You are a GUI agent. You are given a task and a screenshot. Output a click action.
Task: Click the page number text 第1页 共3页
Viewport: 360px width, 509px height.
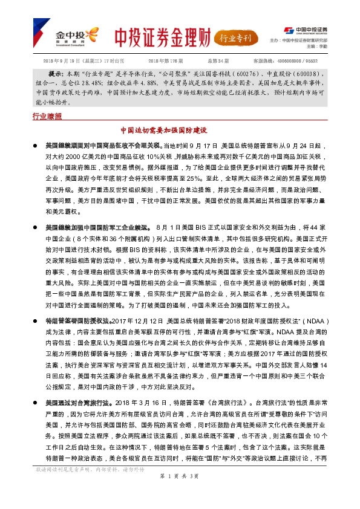pyautogui.click(x=180, y=493)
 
